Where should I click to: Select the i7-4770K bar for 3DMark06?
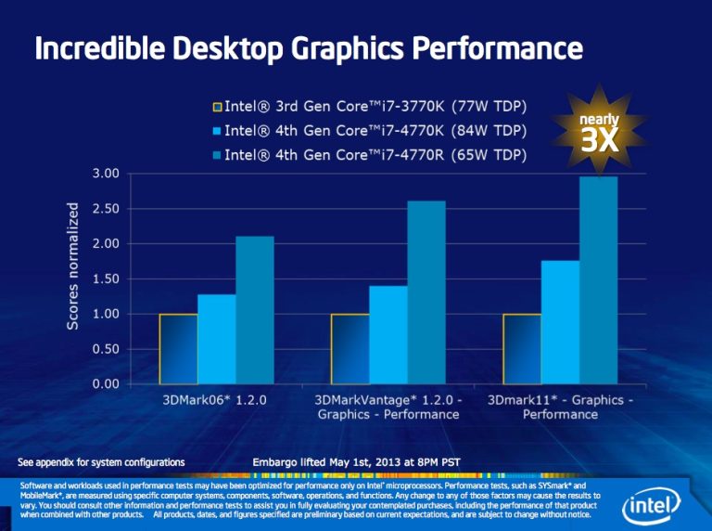point(216,339)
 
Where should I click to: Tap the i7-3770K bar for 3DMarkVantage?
point(350,349)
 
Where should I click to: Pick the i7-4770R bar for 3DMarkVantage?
point(426,292)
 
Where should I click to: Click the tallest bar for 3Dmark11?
point(599,280)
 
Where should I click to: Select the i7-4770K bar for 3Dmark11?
point(560,322)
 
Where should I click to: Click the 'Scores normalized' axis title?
point(72,265)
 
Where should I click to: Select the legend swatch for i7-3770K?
point(218,107)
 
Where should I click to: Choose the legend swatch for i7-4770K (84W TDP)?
point(218,130)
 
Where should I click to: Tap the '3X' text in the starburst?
point(599,141)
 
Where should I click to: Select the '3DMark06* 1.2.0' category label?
point(215,400)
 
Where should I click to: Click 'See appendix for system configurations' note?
point(102,462)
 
